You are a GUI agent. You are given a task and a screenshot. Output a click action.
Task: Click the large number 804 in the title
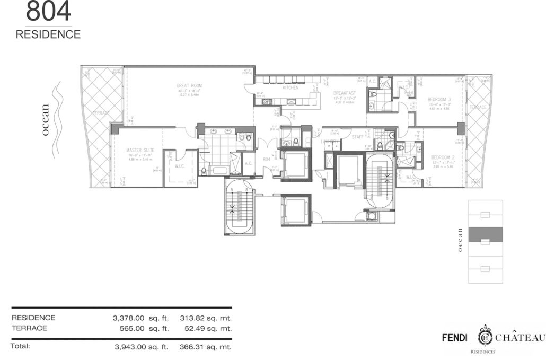click(48, 12)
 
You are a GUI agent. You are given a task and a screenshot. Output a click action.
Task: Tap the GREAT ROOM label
click(189, 85)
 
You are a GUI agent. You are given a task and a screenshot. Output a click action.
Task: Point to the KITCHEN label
click(290, 87)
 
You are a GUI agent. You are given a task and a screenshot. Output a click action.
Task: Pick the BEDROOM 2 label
click(441, 157)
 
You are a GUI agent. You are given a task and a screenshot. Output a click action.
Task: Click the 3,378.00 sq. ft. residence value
click(140, 318)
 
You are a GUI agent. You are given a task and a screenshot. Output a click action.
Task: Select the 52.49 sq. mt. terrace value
click(206, 328)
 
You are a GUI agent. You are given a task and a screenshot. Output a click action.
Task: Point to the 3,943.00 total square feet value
click(140, 347)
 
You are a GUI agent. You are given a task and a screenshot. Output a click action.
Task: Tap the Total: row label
click(21, 346)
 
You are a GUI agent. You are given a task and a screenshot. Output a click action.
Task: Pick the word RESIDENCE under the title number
click(48, 34)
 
